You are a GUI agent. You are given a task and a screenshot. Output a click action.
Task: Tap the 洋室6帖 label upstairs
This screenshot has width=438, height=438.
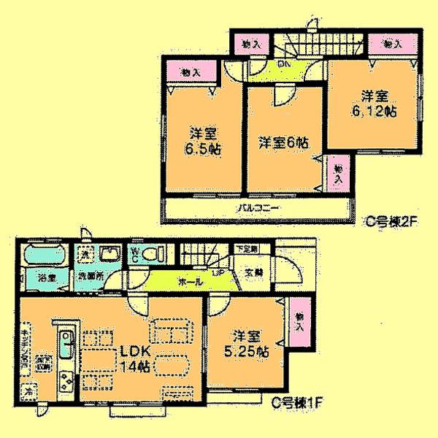[281, 142]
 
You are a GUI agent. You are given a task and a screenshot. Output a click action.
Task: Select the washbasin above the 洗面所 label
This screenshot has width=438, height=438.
[112, 254]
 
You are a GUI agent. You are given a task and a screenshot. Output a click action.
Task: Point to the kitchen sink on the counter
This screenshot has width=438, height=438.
[65, 343]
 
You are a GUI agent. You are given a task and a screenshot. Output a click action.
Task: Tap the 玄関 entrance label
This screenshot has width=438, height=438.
[253, 274]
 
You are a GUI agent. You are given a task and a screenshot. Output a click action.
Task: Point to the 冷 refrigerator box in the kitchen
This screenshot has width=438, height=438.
[26, 390]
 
